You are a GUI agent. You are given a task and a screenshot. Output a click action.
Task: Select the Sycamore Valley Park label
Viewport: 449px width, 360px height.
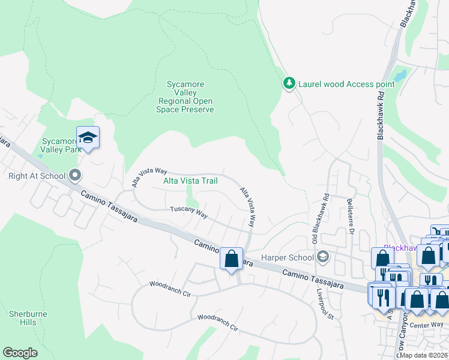pos(61,146)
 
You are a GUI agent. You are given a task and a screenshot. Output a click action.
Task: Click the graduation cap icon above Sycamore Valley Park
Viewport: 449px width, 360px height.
pos(88,138)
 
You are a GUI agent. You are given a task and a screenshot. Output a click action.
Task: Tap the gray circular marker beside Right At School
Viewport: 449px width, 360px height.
pos(75,176)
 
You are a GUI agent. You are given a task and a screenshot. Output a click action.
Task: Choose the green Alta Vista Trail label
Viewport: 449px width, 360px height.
pos(190,181)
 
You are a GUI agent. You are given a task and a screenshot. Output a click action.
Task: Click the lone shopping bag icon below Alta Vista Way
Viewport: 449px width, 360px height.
pos(231,259)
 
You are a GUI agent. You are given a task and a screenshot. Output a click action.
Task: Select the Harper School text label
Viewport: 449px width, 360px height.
pos(287,258)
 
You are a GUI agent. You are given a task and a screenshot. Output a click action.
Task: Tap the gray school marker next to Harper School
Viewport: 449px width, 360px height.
pos(323,257)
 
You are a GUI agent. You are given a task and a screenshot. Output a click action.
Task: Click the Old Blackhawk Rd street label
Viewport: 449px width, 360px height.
pos(318,213)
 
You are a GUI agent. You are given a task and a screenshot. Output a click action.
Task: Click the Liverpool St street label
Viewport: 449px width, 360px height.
pos(324,303)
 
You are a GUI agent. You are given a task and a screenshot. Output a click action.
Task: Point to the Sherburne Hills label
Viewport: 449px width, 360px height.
pos(23,318)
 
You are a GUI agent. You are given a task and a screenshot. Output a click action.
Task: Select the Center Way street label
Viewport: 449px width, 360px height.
pos(429,324)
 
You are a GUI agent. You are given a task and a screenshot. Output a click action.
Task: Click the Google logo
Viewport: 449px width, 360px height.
pos(20,352)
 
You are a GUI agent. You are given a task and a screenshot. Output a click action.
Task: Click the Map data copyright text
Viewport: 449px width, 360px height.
pos(424,355)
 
